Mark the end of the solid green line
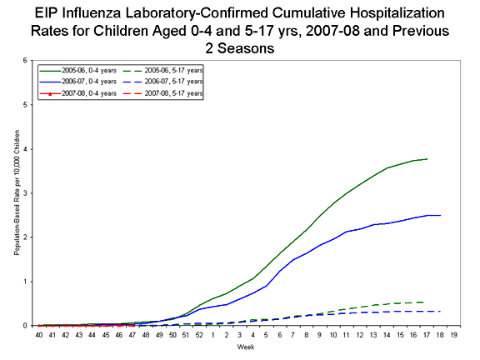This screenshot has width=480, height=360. tap(427, 158)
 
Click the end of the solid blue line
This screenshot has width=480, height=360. tap(440, 215)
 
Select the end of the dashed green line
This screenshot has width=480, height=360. tap(427, 302)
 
